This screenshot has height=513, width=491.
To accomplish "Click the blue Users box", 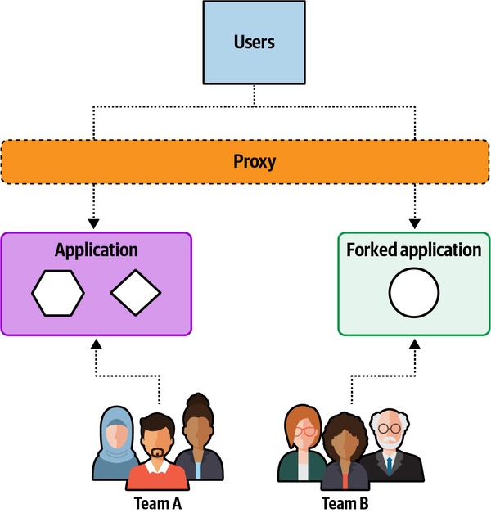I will click(254, 42).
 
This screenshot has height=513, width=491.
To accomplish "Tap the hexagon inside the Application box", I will click(58, 292).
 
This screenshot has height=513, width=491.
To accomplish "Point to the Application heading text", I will click(96, 250).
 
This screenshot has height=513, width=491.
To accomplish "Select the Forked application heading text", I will click(413, 250).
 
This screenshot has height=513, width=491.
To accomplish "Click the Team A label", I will click(157, 503).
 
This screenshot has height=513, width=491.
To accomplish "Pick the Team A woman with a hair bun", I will click(197, 438).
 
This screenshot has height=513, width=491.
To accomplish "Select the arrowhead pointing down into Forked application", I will click(413, 223).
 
